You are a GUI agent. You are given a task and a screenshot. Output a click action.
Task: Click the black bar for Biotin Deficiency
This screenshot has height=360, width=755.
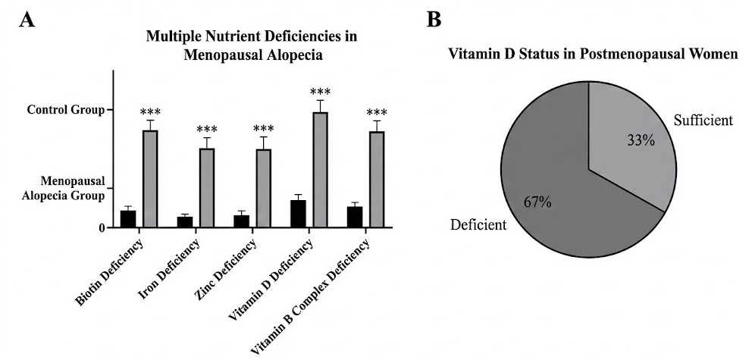coord(128,218)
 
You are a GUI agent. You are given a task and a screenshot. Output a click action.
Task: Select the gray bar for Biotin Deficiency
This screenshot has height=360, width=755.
coord(150,178)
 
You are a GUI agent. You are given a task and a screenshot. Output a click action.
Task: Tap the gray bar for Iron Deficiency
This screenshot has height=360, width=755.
coord(207,187)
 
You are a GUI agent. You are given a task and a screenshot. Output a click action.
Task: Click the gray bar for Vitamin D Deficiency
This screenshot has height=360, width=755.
coord(320,169)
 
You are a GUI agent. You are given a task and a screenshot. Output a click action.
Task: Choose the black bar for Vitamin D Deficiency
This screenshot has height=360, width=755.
coord(298,213)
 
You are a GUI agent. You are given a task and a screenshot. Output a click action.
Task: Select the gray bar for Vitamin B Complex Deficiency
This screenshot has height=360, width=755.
coord(377,179)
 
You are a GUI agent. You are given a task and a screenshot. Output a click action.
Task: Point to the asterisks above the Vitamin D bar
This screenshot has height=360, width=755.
coord(320,92)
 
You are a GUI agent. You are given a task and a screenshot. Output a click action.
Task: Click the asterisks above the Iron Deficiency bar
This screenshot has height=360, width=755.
coord(207,130)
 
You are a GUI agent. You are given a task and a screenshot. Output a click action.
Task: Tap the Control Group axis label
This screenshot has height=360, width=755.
coord(64,111)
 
